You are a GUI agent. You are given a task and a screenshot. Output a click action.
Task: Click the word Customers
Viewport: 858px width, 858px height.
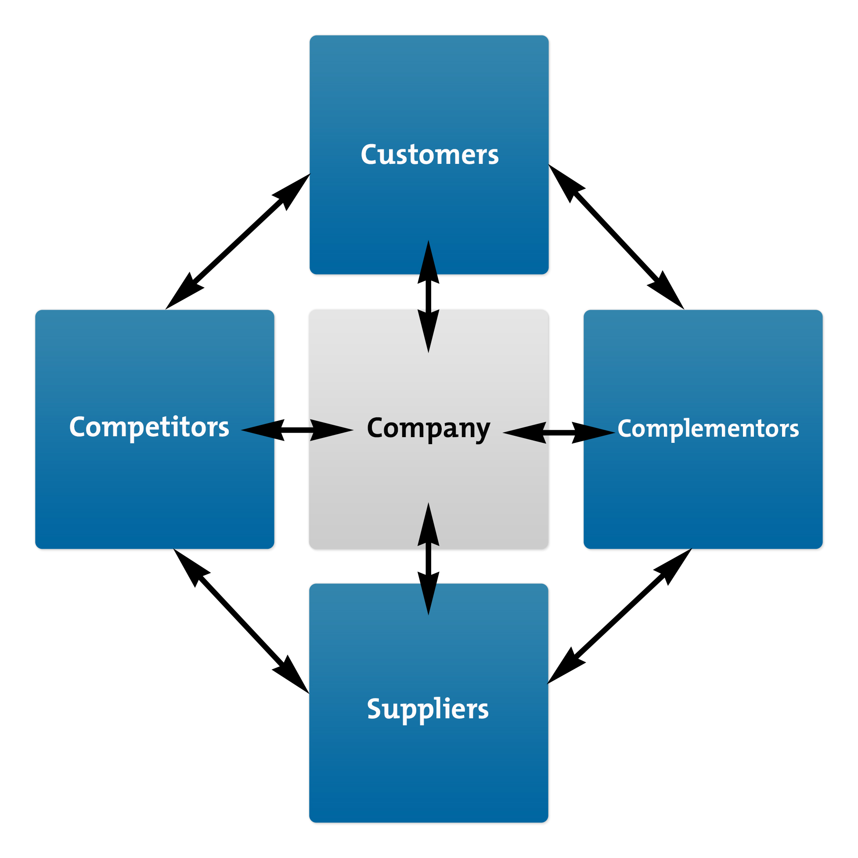coord(429,155)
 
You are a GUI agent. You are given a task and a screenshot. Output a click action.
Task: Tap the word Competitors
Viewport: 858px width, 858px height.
coord(149,427)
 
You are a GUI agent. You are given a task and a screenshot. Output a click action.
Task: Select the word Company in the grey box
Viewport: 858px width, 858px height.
coord(428,428)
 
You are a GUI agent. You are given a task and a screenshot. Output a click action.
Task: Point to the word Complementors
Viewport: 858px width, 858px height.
coord(708,428)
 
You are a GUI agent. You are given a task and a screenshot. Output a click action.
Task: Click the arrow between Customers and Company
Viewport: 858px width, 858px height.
coord(429,297)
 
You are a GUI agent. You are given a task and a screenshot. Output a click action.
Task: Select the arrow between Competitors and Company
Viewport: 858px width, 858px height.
coord(297,430)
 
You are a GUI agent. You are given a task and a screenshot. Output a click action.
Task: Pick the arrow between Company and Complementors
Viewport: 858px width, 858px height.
coord(559,432)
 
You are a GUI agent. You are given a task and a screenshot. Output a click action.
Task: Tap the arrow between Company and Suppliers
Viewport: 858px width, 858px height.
coord(429,558)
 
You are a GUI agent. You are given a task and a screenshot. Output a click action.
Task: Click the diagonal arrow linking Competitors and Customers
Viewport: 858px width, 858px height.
coord(238,241)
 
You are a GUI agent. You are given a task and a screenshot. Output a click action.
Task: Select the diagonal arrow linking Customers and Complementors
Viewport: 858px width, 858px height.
coord(616,237)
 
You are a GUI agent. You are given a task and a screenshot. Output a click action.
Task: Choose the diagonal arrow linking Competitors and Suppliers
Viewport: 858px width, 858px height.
coord(241,621)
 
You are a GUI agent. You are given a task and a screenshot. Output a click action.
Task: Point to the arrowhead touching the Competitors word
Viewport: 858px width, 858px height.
coord(262,430)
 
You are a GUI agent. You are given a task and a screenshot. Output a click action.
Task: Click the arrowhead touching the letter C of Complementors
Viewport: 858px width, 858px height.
coord(595,432)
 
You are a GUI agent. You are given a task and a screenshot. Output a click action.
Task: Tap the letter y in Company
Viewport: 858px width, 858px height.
coord(482,431)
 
